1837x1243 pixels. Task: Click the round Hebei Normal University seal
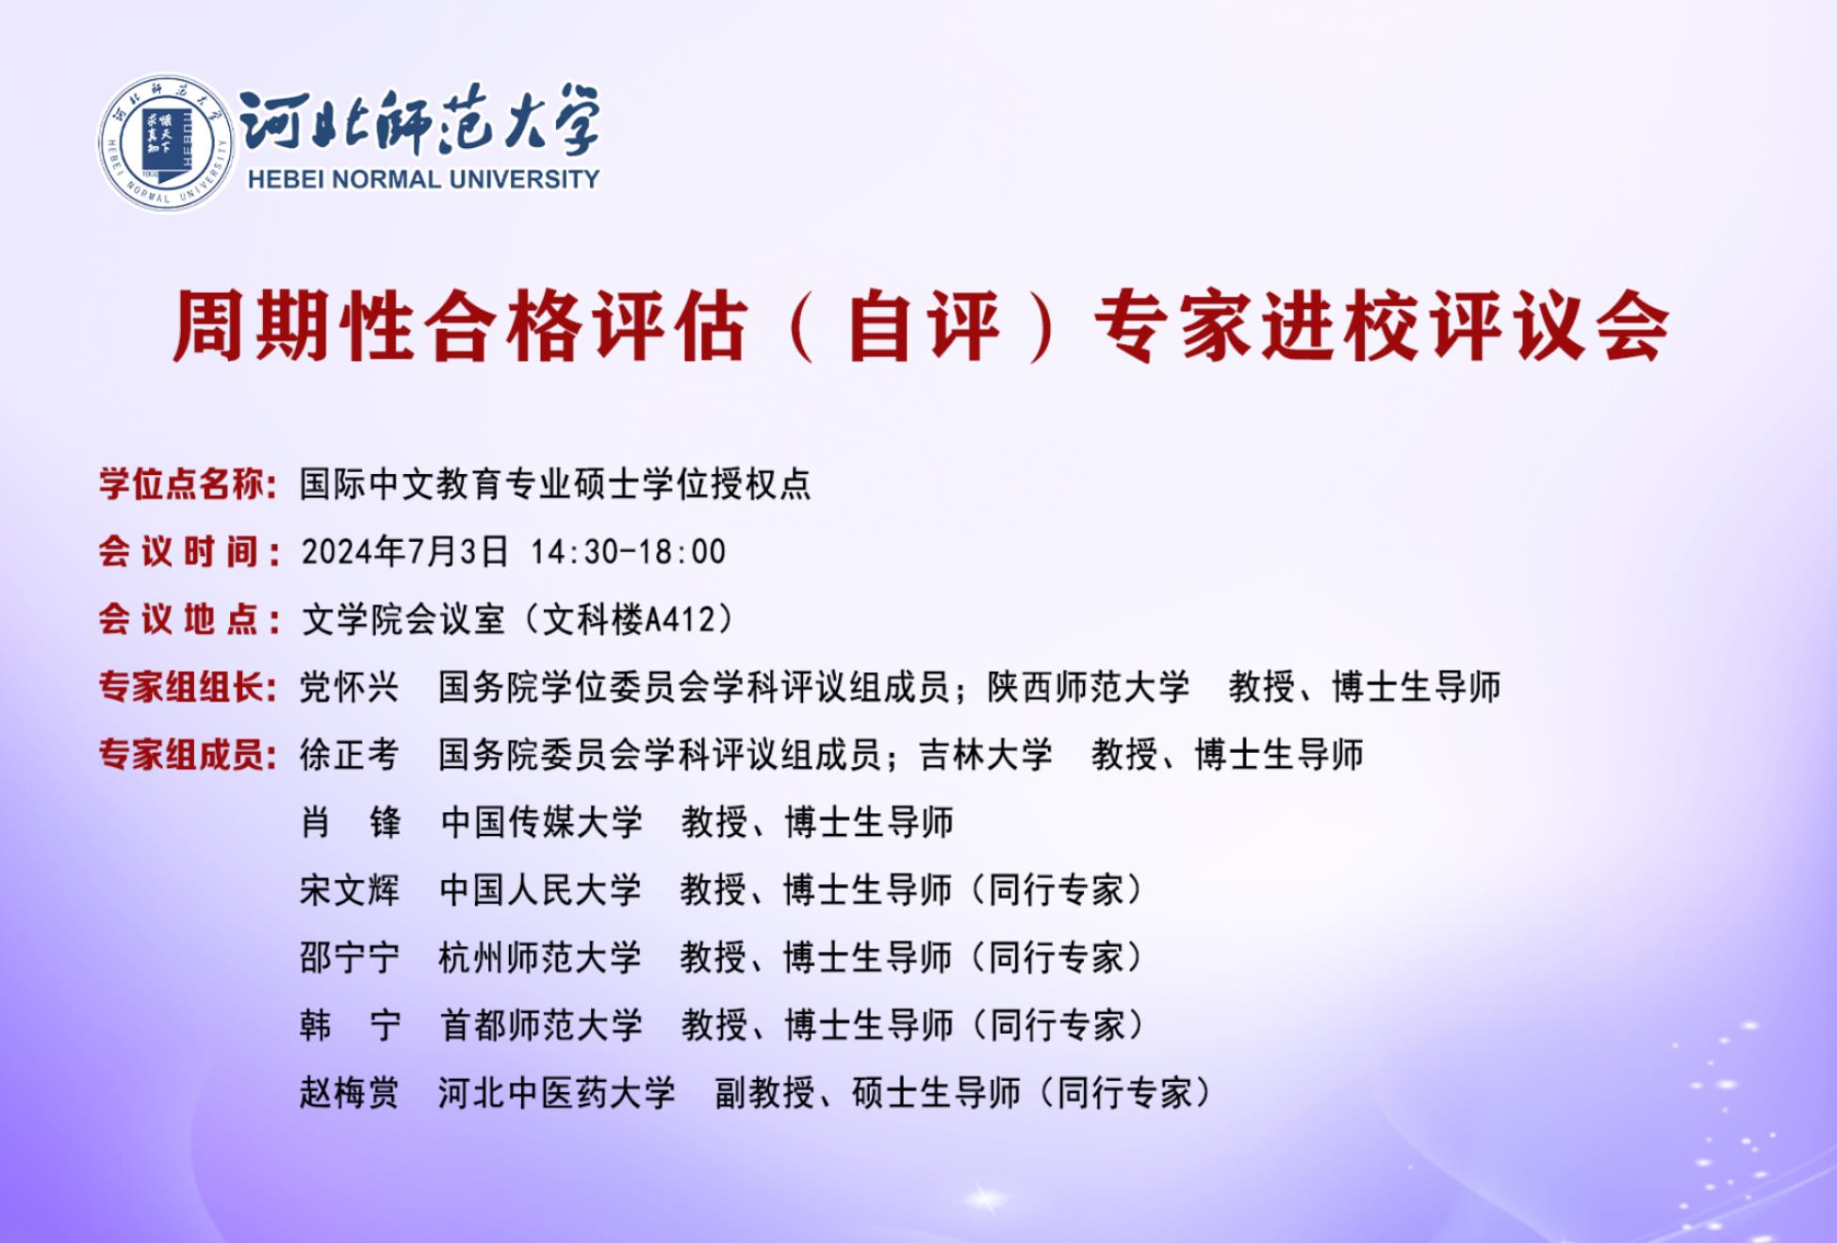167,143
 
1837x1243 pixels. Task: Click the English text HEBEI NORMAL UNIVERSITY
423,179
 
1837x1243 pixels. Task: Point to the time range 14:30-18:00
628,551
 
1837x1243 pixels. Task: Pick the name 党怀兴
350,687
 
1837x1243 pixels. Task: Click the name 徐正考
350,755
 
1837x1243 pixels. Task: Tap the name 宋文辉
350,890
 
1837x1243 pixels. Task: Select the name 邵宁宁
350,957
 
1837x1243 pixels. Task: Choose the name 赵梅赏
350,1093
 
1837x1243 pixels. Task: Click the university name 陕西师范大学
1089,687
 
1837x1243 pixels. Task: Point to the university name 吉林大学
986,755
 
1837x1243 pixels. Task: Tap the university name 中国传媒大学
541,822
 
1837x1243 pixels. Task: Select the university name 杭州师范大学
540,957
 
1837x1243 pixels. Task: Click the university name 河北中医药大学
557,1093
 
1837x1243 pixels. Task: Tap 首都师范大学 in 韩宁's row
541,1025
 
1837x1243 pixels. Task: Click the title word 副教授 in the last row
764,1093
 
